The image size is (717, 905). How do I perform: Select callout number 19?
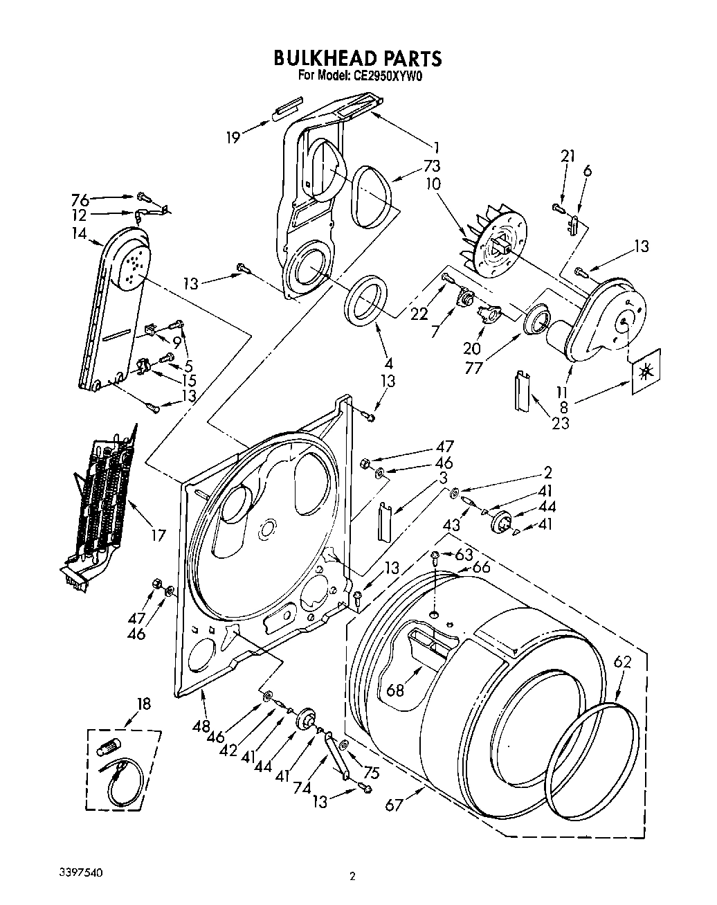(x=233, y=138)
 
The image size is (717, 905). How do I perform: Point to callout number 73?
(x=435, y=166)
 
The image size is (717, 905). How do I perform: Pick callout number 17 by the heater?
(x=158, y=535)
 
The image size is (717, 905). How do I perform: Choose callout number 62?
(x=622, y=662)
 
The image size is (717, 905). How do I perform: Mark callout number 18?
(x=143, y=704)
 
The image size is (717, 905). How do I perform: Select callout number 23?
(x=560, y=422)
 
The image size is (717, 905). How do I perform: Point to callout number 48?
(x=201, y=726)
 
